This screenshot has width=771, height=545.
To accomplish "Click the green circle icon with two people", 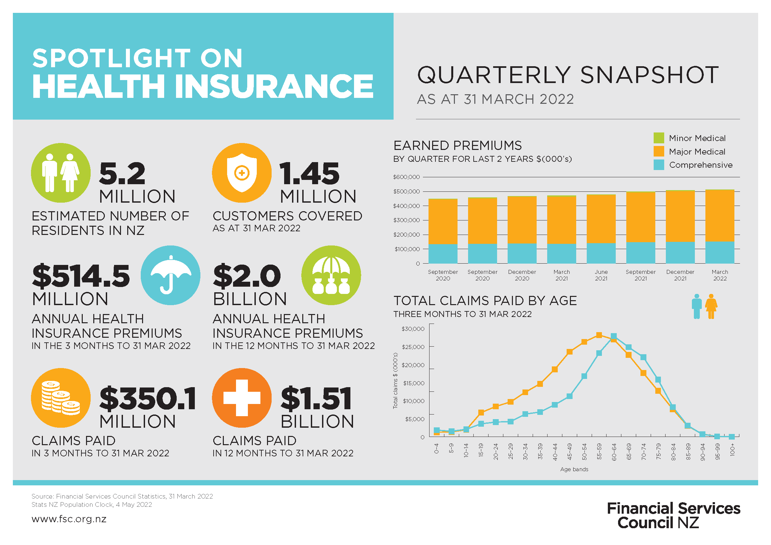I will tap(61, 173).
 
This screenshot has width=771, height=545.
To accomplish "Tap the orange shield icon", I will tap(241, 173).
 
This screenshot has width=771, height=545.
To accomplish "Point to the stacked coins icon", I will tap(61, 398).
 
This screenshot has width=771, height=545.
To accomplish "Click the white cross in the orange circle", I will tap(241, 398).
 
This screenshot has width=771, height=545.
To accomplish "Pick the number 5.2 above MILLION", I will tap(122, 174).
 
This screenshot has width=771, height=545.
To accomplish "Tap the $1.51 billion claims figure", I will tap(316, 399).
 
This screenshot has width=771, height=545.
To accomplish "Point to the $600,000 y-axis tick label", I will tap(406, 177).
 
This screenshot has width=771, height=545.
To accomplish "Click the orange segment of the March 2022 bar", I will tap(720, 215).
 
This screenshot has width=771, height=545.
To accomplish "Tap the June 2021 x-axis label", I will tap(601, 275).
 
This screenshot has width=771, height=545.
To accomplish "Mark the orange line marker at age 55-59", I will tap(599, 335).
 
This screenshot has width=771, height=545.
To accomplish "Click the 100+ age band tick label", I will tap(732, 450).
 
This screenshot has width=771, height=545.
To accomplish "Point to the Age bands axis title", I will tap(574, 469).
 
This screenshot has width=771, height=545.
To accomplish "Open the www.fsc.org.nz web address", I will tap(69, 519).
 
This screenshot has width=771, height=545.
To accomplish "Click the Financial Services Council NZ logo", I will tap(673, 515).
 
